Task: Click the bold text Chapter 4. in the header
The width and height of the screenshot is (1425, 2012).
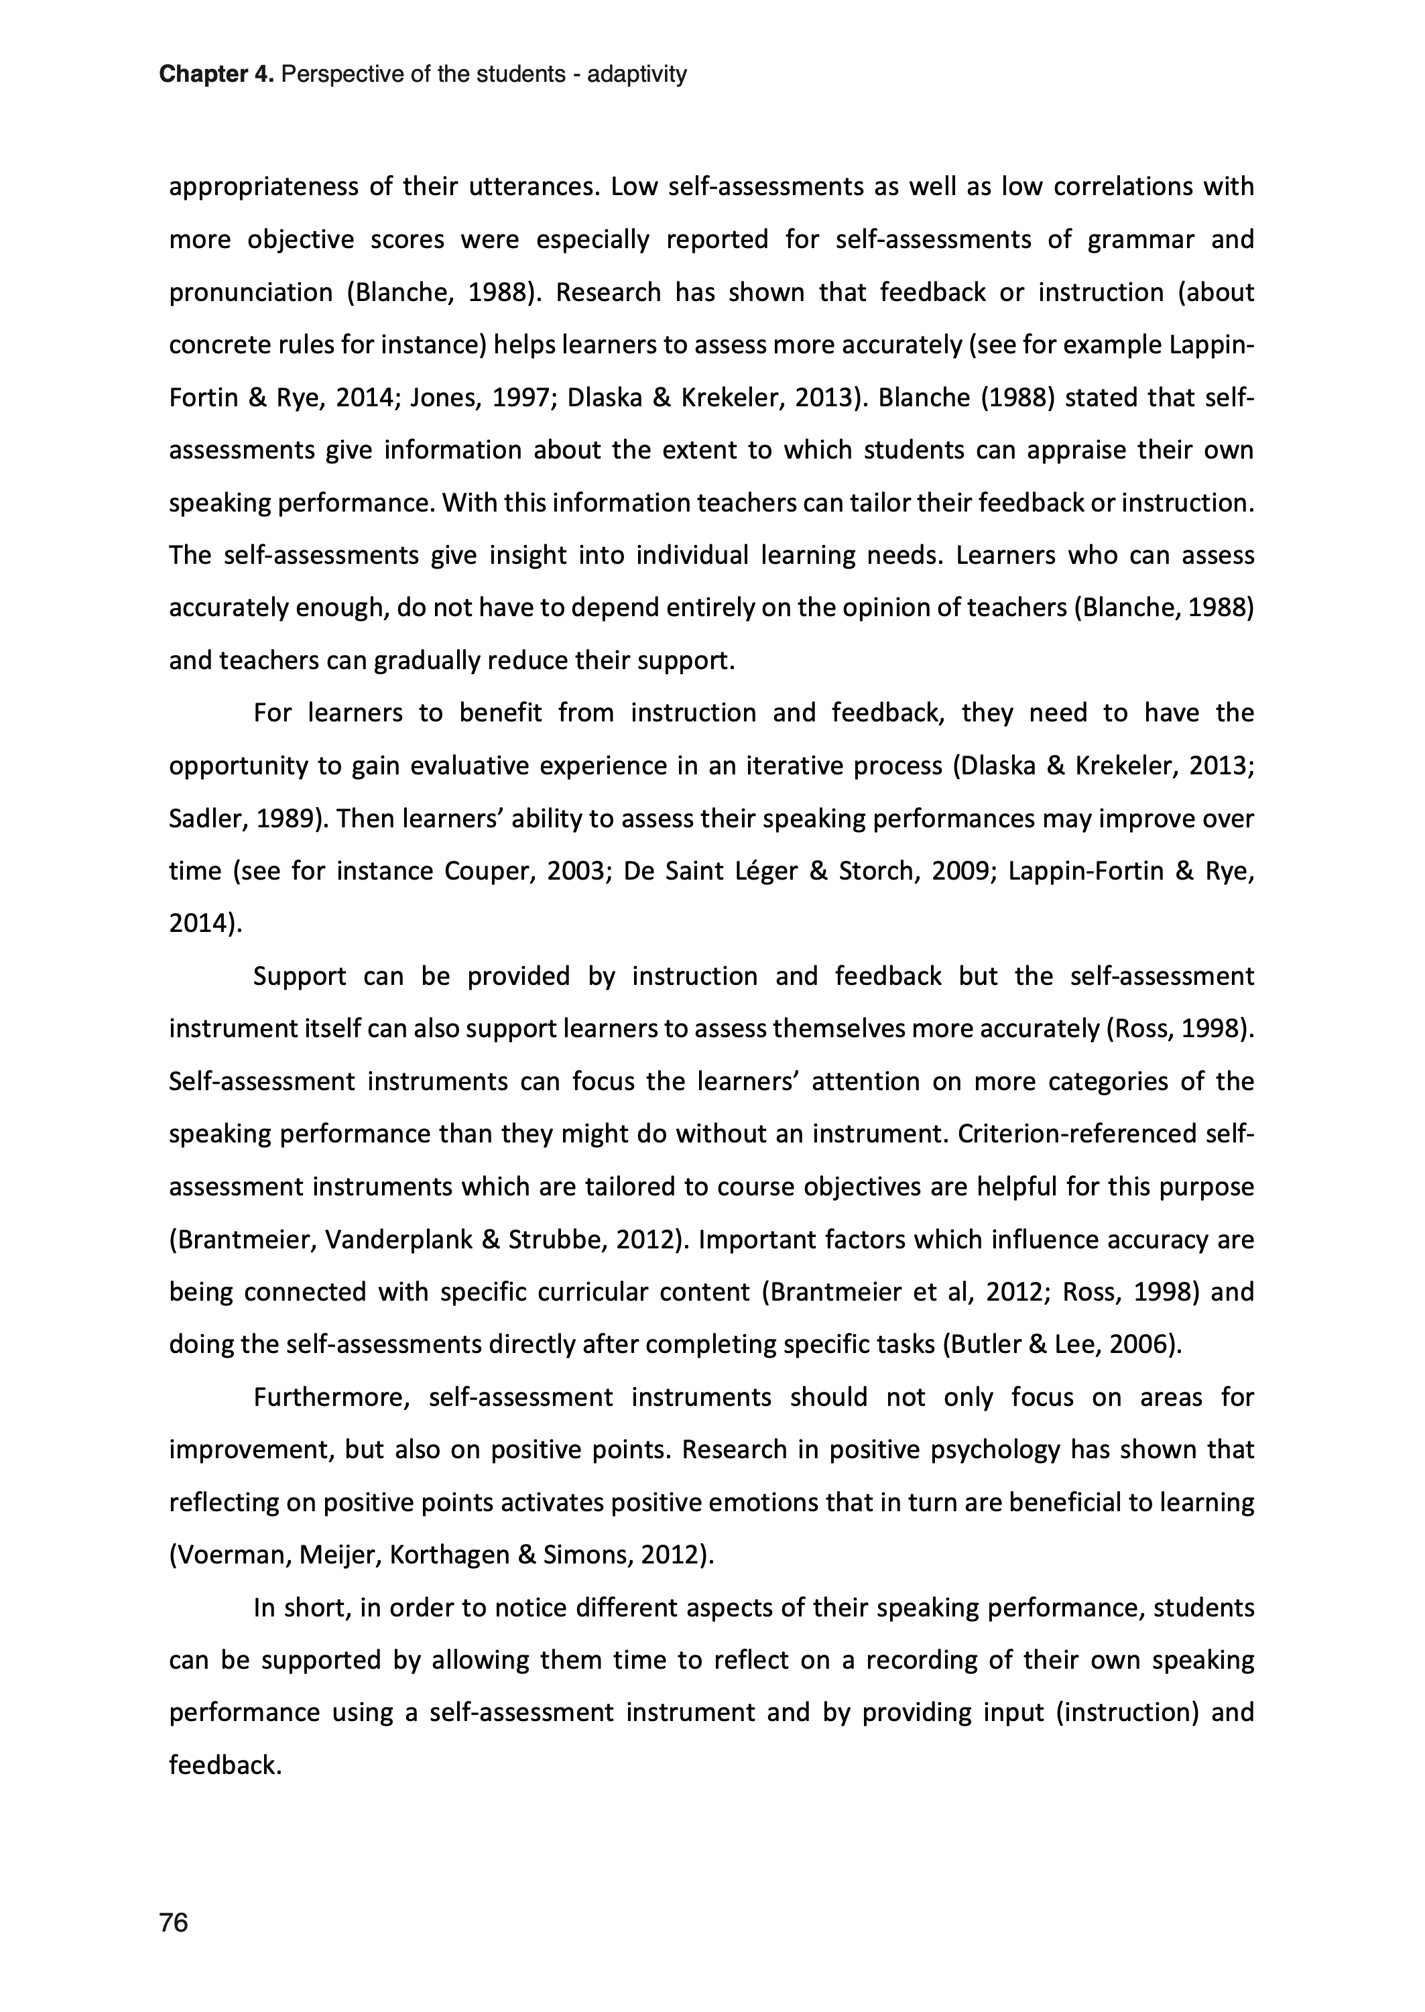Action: pyautogui.click(x=216, y=74)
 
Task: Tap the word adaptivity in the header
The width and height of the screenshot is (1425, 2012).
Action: pyautogui.click(x=636, y=74)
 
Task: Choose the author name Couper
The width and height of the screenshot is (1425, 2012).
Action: pyautogui.click(x=485, y=872)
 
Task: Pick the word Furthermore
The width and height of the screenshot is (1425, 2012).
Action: pyautogui.click(x=332, y=1398)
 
